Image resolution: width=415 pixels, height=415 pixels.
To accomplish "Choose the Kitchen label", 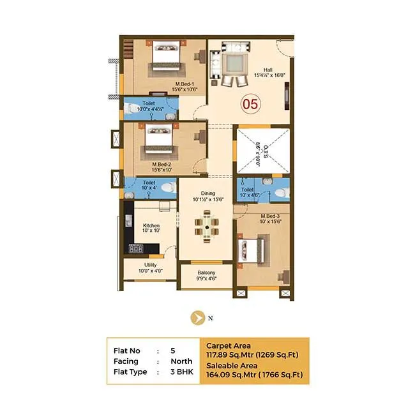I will point(151,226).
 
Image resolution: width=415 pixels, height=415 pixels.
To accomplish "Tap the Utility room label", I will point(151,265).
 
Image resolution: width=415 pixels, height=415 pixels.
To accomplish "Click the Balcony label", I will point(206,274).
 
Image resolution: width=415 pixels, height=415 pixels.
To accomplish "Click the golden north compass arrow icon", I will point(199,316).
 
